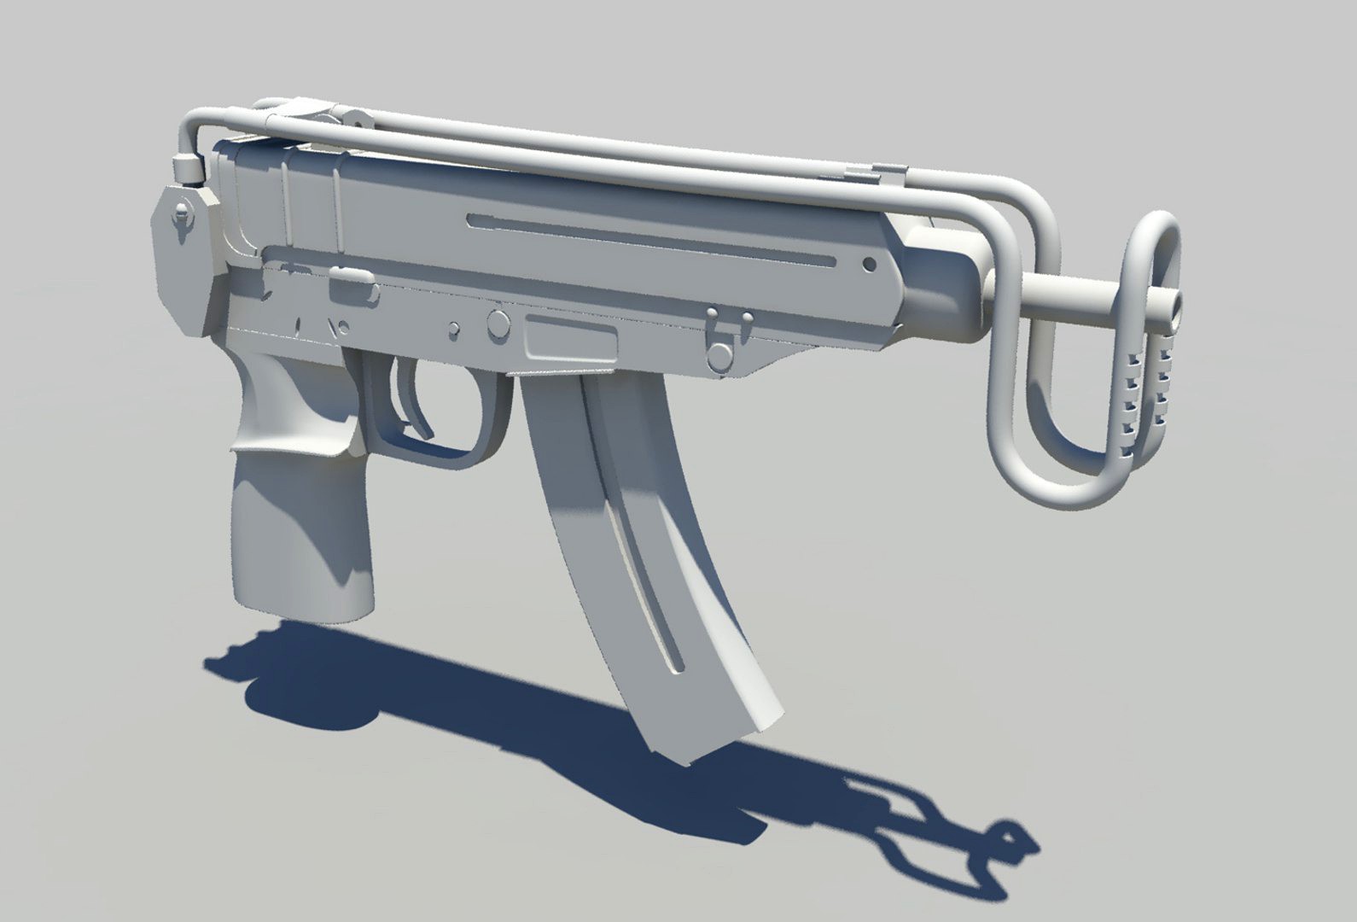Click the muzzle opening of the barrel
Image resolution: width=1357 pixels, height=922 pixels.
click(x=1179, y=302)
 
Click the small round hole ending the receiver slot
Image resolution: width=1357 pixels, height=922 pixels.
click(x=869, y=265)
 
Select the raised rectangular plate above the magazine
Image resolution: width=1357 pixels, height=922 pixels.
click(x=571, y=338)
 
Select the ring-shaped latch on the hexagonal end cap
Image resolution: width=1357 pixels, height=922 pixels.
click(x=182, y=213)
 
